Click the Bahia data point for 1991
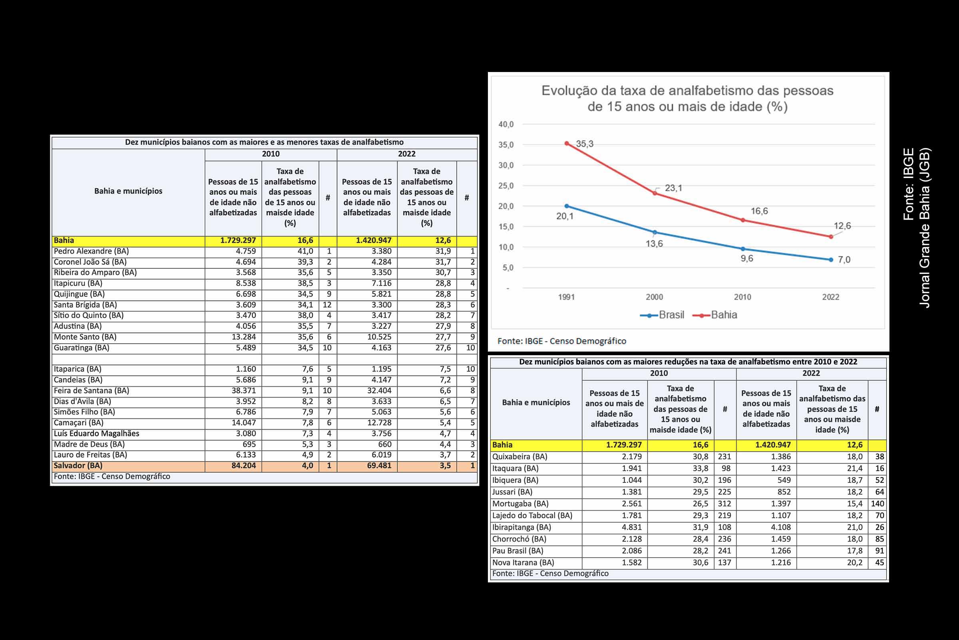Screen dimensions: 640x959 (567, 143)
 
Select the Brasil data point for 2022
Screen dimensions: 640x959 (831, 260)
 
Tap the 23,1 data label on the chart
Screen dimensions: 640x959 (673, 188)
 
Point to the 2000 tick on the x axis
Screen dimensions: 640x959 (655, 297)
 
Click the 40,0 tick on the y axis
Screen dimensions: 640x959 (506, 124)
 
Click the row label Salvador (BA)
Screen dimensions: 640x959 (78, 466)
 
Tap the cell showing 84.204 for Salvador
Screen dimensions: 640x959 (243, 466)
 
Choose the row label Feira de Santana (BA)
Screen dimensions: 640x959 (92, 391)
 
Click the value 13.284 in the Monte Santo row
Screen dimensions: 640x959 (243, 337)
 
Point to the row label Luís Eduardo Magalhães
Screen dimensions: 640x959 (97, 434)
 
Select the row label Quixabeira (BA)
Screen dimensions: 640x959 (519, 457)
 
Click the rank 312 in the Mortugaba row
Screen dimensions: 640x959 (724, 504)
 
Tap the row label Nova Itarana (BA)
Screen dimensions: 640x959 (523, 562)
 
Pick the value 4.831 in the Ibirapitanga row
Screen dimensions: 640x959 (632, 527)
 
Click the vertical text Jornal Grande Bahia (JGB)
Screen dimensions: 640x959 (925, 228)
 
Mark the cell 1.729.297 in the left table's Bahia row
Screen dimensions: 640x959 (238, 241)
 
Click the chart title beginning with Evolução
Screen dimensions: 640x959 (687, 98)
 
